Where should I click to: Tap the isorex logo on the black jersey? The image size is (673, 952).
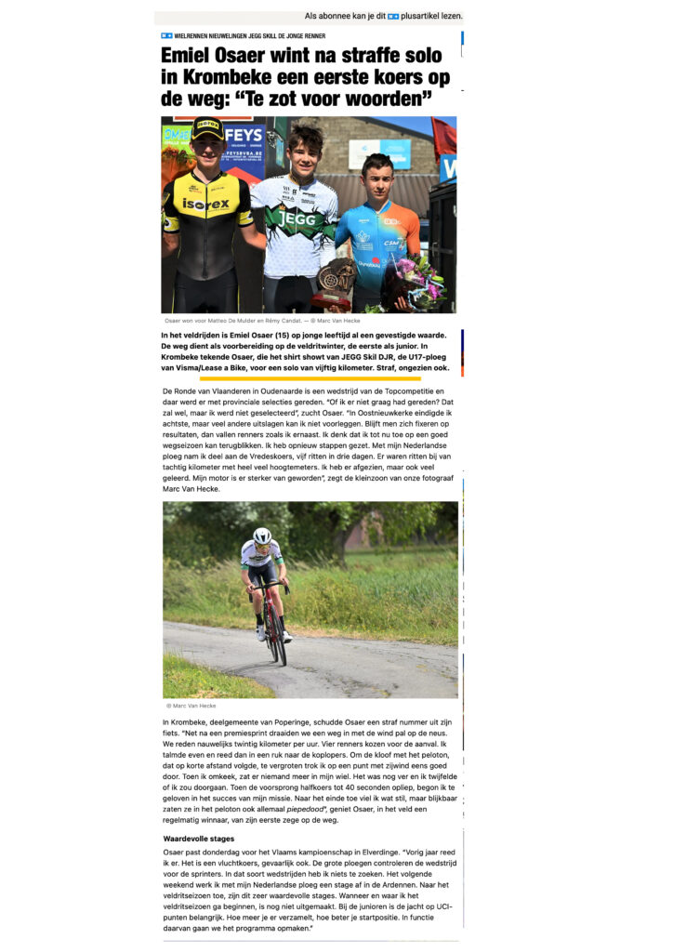tap(205, 204)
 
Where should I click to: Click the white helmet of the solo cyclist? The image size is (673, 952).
tap(262, 536)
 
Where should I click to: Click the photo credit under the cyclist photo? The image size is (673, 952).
tap(190, 706)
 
